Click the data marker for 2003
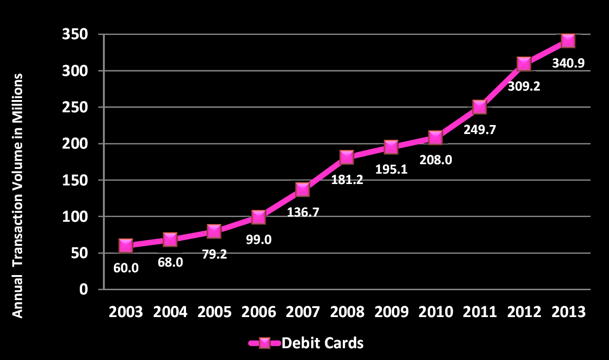(126, 245)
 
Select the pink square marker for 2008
(347, 157)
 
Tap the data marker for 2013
(567, 41)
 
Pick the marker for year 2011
(479, 107)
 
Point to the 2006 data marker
(258, 217)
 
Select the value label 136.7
(303, 212)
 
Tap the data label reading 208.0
(436, 160)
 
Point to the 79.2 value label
(214, 254)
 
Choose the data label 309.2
(524, 86)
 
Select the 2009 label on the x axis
(390, 312)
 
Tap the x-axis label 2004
(170, 312)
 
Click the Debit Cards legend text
(322, 343)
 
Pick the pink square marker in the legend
(265, 343)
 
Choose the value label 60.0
(126, 268)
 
